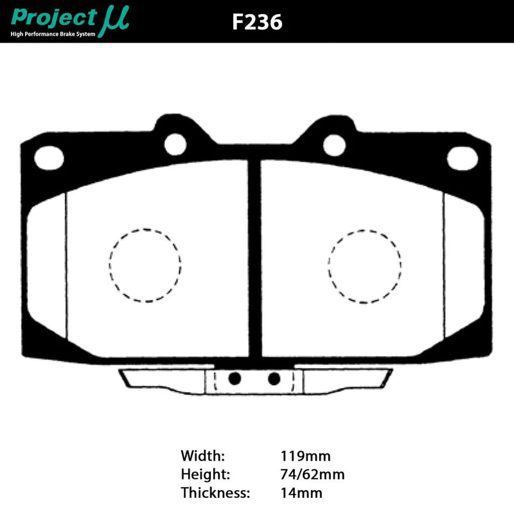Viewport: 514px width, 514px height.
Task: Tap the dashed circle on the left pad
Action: [x=145, y=265]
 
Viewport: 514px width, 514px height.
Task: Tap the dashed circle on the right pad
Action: [x=364, y=265]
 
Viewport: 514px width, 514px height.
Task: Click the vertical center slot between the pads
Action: [x=254, y=257]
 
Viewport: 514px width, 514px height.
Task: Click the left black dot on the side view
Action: [x=235, y=377]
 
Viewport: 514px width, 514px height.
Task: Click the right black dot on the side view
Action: [x=274, y=377]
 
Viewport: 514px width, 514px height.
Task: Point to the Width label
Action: [x=203, y=457]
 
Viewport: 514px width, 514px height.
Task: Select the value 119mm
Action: [x=305, y=457]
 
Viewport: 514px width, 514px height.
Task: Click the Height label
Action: [x=205, y=475]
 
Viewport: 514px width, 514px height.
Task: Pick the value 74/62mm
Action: [x=312, y=475]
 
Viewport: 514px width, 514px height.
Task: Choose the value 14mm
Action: [x=301, y=493]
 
